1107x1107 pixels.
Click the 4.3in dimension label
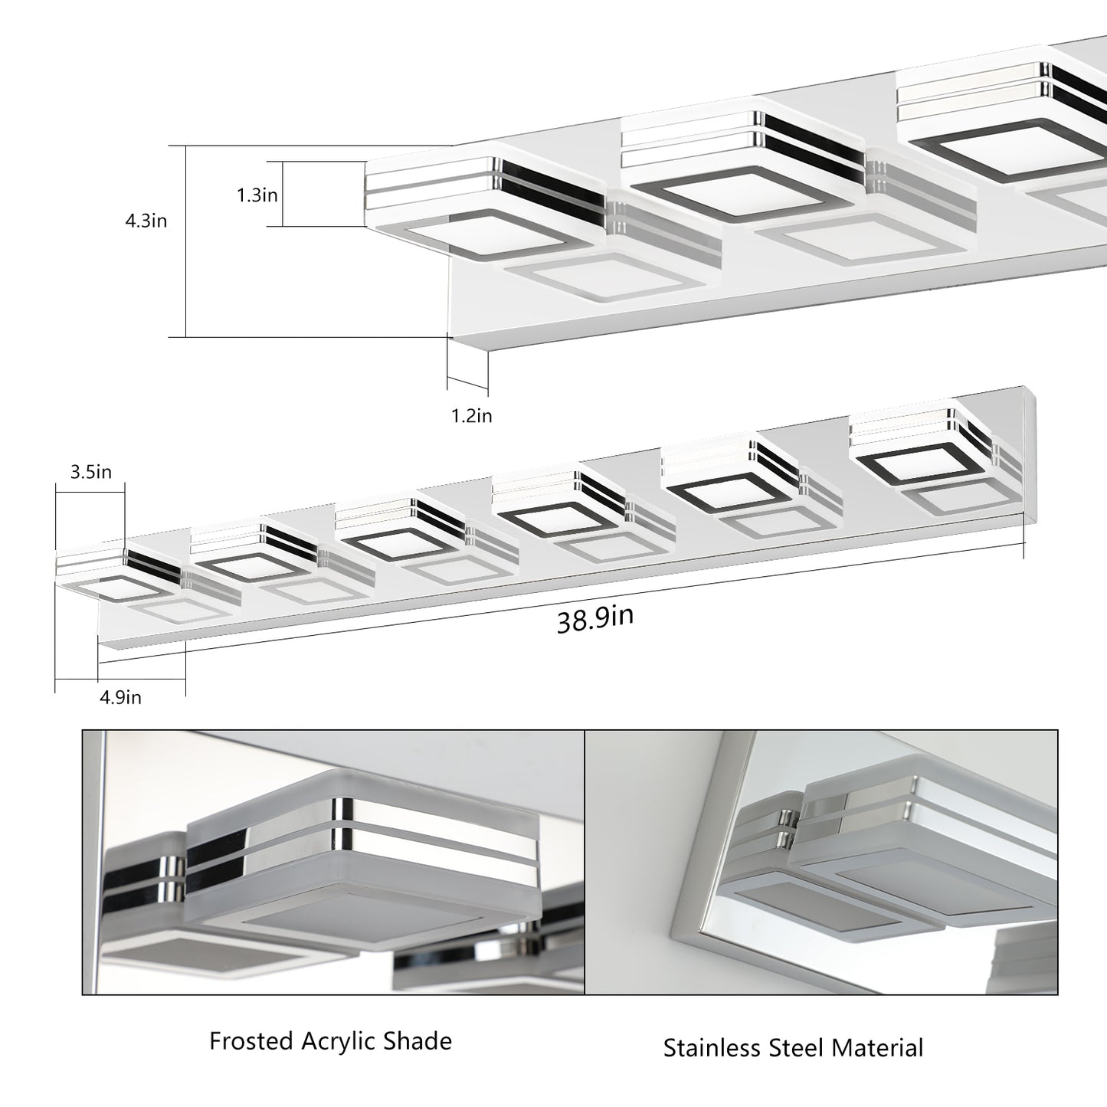coord(146,221)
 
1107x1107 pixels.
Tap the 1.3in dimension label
coord(257,195)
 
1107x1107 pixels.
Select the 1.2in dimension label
coord(471,416)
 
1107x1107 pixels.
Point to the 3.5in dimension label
coord(90,472)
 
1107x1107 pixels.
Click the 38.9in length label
coord(595,618)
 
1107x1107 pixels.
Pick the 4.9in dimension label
coord(121,697)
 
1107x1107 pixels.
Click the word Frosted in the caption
coord(251,1041)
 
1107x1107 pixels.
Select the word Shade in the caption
coord(421,1041)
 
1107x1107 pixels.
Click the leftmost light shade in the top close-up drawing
coord(483,207)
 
